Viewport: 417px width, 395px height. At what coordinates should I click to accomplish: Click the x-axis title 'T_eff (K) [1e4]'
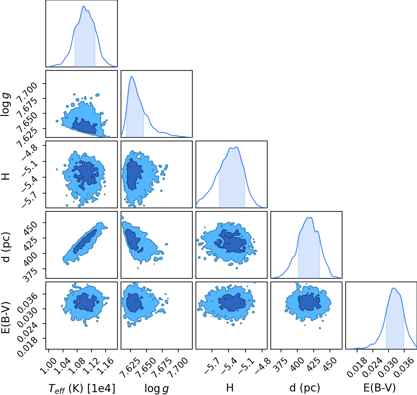82,388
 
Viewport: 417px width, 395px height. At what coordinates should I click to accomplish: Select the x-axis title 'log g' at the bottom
156,388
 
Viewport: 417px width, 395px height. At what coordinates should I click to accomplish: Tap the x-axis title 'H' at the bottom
230,388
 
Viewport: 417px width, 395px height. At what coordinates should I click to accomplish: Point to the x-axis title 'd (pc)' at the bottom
305,388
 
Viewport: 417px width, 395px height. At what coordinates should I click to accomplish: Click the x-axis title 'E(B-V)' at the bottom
380,388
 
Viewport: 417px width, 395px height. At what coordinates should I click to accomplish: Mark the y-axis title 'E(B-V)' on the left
6,315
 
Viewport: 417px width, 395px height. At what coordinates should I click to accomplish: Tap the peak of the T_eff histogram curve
84,6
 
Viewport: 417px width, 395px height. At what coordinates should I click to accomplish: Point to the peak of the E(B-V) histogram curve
394,288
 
